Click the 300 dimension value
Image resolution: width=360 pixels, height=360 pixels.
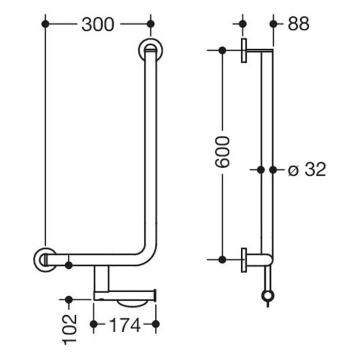tap(98, 24)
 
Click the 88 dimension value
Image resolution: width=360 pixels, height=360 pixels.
tap(298, 24)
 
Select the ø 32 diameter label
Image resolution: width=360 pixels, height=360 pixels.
tap(307, 169)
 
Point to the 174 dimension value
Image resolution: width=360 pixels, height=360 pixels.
tap(124, 325)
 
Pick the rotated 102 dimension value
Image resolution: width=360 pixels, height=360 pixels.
tap(70, 330)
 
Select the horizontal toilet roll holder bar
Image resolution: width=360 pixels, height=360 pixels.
tap(124, 295)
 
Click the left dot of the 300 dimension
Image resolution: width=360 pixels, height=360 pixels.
tap(45, 24)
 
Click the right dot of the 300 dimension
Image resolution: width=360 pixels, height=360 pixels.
tap(150, 24)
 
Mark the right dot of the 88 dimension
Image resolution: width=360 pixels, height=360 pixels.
tap(273, 24)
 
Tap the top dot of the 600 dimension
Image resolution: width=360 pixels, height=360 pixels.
tap(222, 50)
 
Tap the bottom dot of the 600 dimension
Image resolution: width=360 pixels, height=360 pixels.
tap(222, 259)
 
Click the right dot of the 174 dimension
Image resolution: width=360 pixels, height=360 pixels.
tap(156, 324)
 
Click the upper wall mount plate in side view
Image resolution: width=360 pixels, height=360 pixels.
tap(244, 50)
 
